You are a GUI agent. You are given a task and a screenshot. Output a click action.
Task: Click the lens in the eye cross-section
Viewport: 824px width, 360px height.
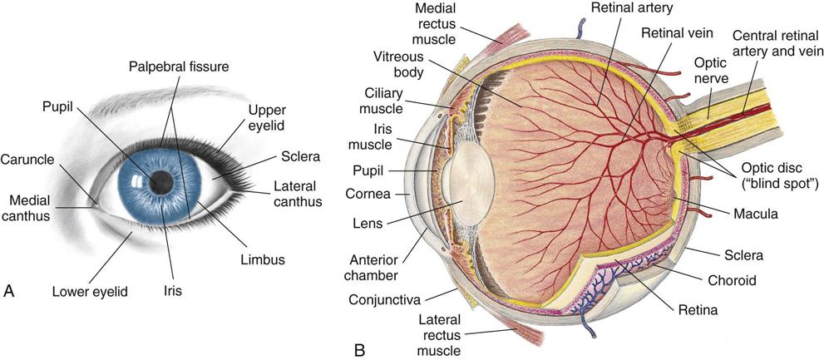(x=469, y=184)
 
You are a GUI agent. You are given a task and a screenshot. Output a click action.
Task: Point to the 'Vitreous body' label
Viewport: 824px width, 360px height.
(x=399, y=65)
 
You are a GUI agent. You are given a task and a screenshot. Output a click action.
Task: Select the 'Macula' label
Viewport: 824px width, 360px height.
(x=756, y=214)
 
